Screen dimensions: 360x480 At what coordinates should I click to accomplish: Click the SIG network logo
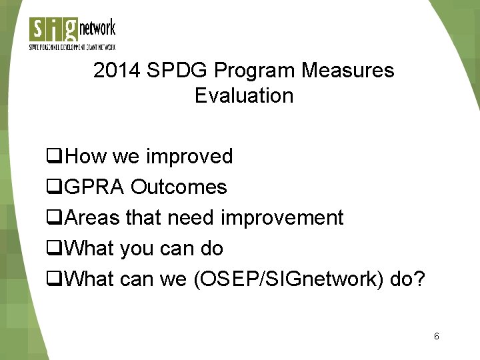(72, 34)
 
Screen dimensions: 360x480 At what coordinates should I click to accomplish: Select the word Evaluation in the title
(244, 95)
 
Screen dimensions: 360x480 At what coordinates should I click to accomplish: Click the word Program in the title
(254, 71)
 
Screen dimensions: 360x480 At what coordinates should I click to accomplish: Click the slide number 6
(436, 336)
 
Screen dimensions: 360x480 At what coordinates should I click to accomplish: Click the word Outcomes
(179, 187)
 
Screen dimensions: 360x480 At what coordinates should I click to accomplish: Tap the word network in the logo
(97, 29)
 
